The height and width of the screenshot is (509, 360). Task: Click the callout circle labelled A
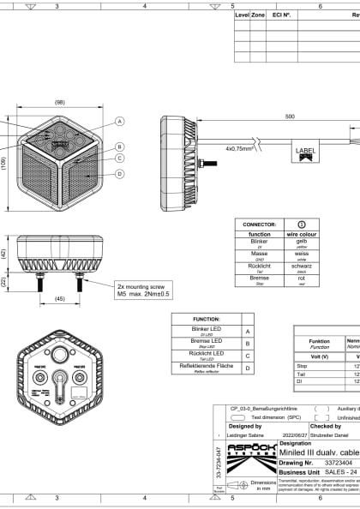click(120, 122)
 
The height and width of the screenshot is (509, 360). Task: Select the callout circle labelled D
click(120, 174)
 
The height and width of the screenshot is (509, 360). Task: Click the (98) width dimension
click(59, 102)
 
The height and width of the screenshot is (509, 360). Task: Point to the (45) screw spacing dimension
click(59, 299)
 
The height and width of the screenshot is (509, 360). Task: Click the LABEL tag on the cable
click(305, 151)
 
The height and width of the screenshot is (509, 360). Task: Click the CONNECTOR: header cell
click(260, 223)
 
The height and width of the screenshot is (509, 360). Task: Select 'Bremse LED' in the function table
click(207, 341)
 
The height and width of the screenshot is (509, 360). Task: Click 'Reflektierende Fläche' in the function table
click(207, 367)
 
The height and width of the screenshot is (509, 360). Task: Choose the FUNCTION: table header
click(207, 317)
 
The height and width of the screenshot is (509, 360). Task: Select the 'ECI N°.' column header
click(282, 15)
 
